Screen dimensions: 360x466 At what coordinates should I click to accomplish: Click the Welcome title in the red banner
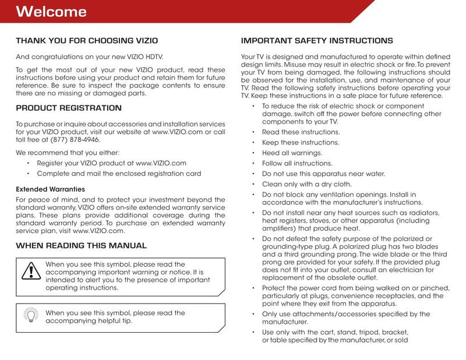tap(51, 12)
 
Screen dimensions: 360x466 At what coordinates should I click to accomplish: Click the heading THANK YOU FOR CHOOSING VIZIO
tap(87, 41)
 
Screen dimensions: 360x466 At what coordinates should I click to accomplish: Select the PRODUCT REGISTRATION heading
tap(69, 108)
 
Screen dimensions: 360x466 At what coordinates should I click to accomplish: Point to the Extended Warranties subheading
tap(50, 189)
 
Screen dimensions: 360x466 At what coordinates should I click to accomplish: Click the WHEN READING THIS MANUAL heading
tap(81, 245)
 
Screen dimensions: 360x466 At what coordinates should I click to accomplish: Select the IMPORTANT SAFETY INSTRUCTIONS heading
tap(317, 41)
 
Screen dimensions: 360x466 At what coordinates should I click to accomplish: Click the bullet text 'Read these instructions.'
tap(301, 132)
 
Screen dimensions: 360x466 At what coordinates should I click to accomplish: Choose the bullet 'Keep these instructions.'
tap(301, 143)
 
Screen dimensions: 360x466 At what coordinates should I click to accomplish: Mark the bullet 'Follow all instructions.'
tap(297, 164)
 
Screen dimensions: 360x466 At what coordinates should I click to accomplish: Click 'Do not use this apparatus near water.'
tap(323, 174)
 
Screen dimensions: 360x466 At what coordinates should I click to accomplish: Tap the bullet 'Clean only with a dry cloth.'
tap(307, 184)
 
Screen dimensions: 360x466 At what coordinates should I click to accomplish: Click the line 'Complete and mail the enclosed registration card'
tap(119, 174)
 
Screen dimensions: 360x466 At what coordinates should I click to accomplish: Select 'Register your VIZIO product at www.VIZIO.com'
tap(111, 163)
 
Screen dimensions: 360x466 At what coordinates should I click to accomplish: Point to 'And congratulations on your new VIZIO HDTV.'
tap(89, 57)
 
